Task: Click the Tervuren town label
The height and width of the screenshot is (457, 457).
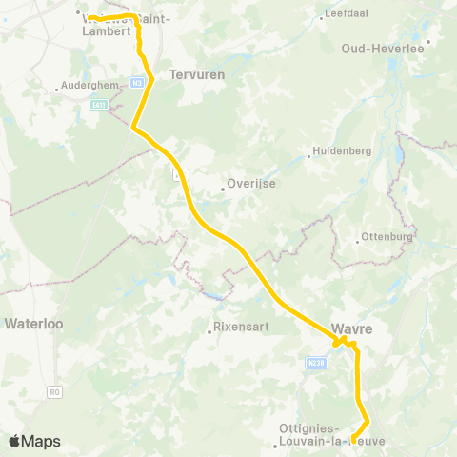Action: click(x=189, y=72)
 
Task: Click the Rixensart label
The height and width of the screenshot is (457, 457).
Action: click(x=239, y=330)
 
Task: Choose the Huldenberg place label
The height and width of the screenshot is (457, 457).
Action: click(x=340, y=149)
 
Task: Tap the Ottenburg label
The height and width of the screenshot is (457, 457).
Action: click(x=387, y=237)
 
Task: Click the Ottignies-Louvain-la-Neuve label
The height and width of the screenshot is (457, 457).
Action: click(x=324, y=434)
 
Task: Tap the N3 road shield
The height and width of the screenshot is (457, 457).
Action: click(x=138, y=83)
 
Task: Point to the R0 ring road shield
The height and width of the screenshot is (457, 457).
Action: click(x=54, y=391)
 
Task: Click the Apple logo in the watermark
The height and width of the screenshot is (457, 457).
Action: click(x=14, y=441)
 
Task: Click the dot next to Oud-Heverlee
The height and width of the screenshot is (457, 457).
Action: click(x=429, y=42)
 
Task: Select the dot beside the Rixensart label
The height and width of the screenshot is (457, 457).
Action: click(x=209, y=332)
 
